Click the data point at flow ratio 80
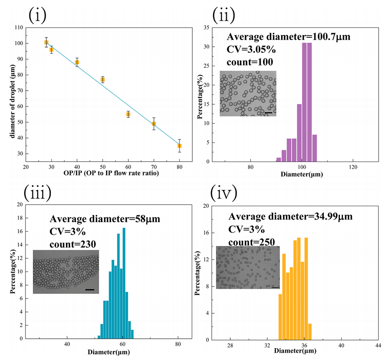[x=179, y=146]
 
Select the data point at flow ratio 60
[x=128, y=114]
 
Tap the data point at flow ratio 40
[x=77, y=62]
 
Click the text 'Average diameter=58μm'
[x=105, y=219]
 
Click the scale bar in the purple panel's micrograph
[x=268, y=112]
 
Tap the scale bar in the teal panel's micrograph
[x=90, y=290]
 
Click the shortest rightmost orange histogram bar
[x=310, y=331]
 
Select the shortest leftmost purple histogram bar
[x=279, y=159]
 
